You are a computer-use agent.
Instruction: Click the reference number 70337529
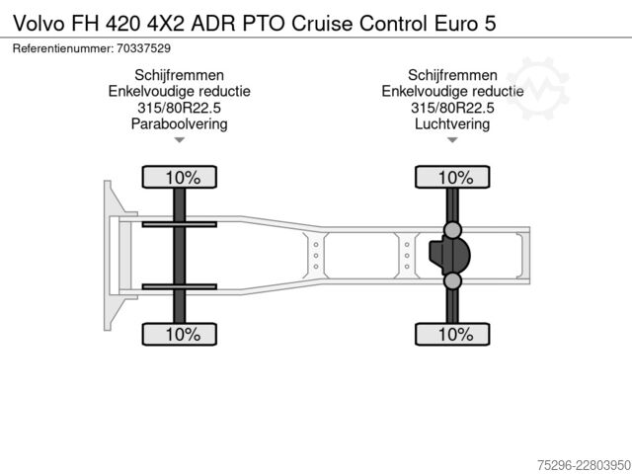pyautogui.click(x=143, y=48)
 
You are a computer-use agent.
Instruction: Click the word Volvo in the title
pyautogui.click(x=39, y=24)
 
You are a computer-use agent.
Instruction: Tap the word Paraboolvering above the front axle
pyautogui.click(x=179, y=123)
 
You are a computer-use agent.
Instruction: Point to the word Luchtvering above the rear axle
pyautogui.click(x=452, y=123)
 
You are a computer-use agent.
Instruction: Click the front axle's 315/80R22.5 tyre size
pyautogui.click(x=179, y=108)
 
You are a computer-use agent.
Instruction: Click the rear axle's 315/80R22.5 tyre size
pyautogui.click(x=452, y=108)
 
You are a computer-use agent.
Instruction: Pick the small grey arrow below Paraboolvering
pyautogui.click(x=179, y=140)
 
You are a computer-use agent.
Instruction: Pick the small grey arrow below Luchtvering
pyautogui.click(x=452, y=140)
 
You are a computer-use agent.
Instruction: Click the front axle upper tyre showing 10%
pyautogui.click(x=180, y=177)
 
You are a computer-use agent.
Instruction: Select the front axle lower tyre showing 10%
pyautogui.click(x=180, y=334)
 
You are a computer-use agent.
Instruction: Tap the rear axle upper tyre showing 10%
pyautogui.click(x=452, y=177)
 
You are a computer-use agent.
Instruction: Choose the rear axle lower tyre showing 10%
pyautogui.click(x=452, y=334)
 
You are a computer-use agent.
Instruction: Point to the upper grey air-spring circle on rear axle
pyautogui.click(x=452, y=230)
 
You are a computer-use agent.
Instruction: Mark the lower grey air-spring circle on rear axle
pyautogui.click(x=452, y=280)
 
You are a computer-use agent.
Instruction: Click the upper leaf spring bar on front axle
pyautogui.click(x=180, y=224)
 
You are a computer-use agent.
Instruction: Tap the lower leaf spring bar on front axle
pyautogui.click(x=180, y=286)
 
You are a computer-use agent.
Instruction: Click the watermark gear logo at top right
pyautogui.click(x=538, y=89)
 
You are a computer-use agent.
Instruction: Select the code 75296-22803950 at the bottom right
pyautogui.click(x=584, y=465)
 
